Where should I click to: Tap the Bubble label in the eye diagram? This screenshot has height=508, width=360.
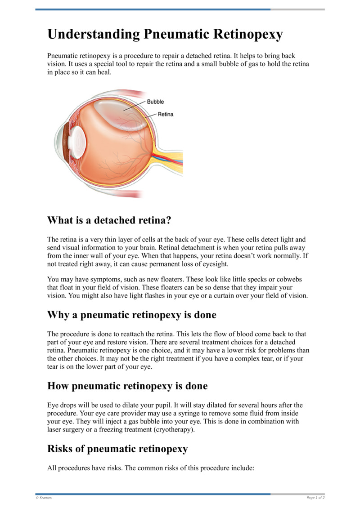pos(155,102)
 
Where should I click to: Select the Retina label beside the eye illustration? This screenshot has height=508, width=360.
pos(165,114)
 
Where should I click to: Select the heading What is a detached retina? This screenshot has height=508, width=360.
pos(110,220)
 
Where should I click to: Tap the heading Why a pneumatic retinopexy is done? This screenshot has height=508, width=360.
pos(131,315)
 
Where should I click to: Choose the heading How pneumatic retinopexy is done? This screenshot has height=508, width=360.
pos(127,386)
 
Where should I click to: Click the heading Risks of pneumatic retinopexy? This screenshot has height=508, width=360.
pos(117,448)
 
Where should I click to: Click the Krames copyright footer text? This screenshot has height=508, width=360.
pos(44,498)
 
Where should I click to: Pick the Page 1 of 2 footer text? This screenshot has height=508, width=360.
pos(315,498)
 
